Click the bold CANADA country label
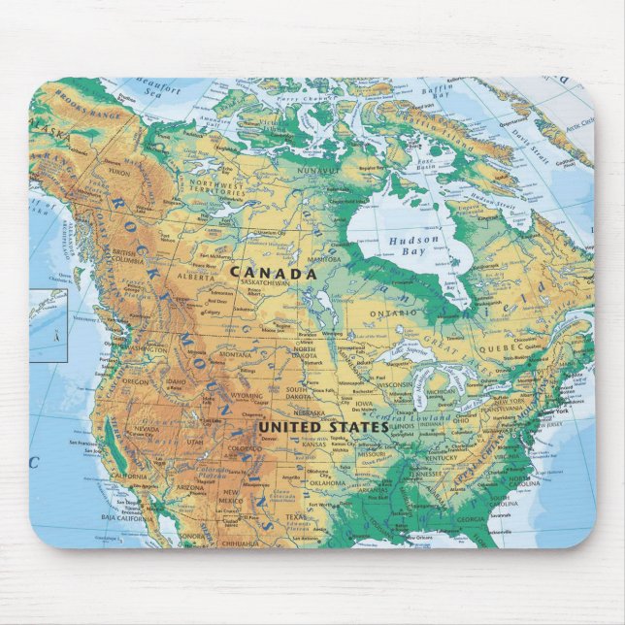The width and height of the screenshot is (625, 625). point(273,275)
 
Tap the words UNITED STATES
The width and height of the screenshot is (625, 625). point(322,426)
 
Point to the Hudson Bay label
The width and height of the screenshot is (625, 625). point(414,246)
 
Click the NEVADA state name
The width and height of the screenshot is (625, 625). point(146,428)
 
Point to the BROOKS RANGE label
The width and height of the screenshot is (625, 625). point(81,98)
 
